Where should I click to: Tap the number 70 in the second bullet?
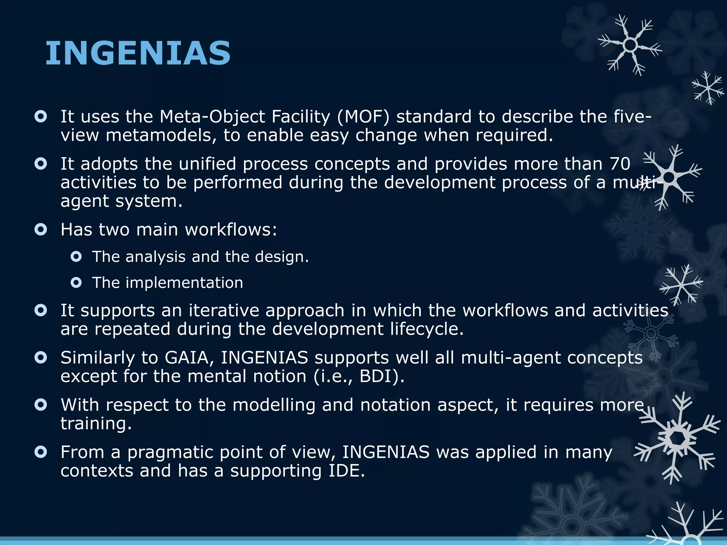point(620,164)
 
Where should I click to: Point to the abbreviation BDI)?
point(382,376)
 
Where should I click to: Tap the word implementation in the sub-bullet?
point(184,283)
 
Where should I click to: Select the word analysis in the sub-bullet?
point(155,257)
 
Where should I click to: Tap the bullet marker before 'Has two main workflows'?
point(41,230)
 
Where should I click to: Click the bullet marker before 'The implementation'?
point(76,283)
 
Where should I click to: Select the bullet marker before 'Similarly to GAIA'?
point(41,358)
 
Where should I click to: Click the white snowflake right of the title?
point(630,45)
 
